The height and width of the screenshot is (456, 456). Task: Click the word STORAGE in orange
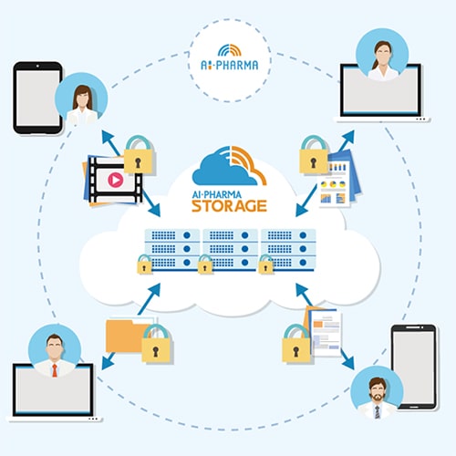[229, 206]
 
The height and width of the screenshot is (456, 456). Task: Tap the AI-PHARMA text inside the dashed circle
[230, 65]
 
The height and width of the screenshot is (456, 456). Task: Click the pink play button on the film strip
[116, 180]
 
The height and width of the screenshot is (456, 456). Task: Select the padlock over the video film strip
[139, 155]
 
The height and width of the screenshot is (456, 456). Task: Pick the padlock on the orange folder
[156, 344]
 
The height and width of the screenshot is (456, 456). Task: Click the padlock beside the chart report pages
[314, 155]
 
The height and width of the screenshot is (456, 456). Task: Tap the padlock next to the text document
[296, 344]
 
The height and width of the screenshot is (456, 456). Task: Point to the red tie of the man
[55, 370]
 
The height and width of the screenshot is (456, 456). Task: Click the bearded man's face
[378, 390]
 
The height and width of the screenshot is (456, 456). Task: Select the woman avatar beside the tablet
[81, 98]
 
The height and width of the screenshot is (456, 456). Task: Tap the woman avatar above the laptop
[382, 55]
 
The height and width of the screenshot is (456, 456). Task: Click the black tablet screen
[38, 98]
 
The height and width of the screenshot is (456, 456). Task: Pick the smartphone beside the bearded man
[414, 368]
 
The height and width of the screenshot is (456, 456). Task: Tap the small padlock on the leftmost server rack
[144, 264]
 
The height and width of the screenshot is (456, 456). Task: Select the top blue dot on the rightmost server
[303, 235]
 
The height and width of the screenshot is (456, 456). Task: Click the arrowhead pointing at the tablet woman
[107, 136]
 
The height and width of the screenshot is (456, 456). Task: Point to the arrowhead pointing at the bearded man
[349, 364]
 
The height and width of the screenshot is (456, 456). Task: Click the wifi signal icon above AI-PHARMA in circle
[230, 50]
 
